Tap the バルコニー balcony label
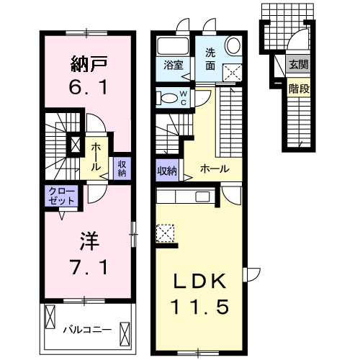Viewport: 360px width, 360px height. pos(86,330)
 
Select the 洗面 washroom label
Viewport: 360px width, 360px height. pos(210,58)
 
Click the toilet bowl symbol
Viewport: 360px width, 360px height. pos(166,99)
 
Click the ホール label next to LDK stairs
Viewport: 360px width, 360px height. pos(215,169)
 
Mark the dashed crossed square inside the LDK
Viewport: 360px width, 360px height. pos(165,233)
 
